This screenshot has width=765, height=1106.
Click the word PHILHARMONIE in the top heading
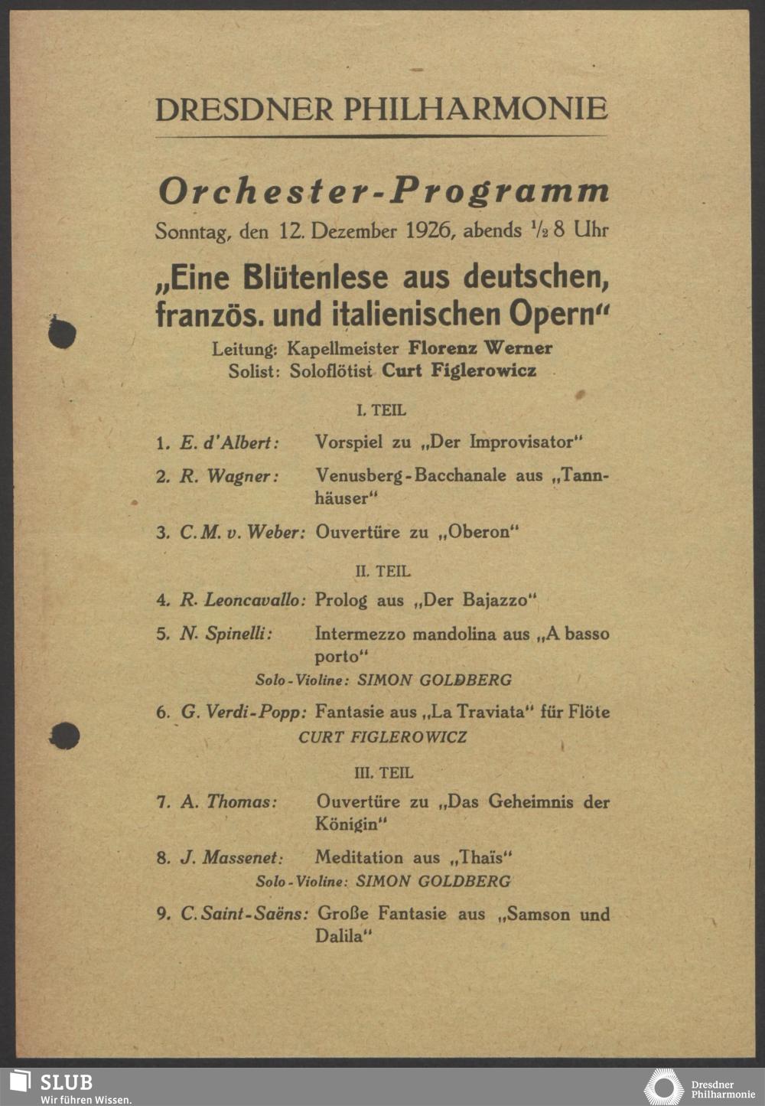(x=475, y=110)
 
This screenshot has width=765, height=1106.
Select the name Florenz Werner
(x=480, y=348)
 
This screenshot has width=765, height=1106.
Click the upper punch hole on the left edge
(x=62, y=333)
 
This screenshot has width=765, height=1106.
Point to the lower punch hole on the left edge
(x=64, y=736)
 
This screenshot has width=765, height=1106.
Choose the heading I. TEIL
(x=381, y=410)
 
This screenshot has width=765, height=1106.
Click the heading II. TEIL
(x=382, y=571)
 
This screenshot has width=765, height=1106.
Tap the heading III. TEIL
(x=383, y=773)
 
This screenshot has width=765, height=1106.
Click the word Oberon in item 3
(x=479, y=533)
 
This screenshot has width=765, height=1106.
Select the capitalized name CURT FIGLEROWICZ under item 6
(x=382, y=737)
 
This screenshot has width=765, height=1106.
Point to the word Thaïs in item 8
(x=483, y=857)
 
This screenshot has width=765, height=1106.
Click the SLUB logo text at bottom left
(x=66, y=1082)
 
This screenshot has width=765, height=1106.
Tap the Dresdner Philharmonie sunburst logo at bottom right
(x=663, y=1088)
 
